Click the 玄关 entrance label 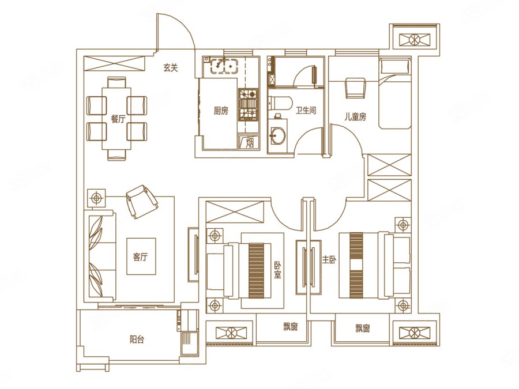171,67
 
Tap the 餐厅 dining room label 118,119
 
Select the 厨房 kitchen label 221,111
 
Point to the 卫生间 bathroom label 306,110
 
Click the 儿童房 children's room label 355,117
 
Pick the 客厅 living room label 141,257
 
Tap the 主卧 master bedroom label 329,260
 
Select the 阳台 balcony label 137,339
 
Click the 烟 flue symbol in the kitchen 249,142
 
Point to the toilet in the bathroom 280,103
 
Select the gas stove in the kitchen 248,104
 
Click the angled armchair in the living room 142,202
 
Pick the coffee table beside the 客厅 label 141,256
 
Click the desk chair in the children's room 355,88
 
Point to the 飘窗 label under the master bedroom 363,328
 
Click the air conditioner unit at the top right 414,40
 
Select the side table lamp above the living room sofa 96,198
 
